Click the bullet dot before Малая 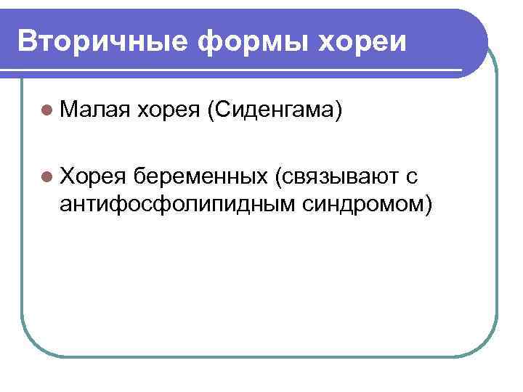click(x=47, y=111)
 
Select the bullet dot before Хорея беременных click(x=47, y=175)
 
